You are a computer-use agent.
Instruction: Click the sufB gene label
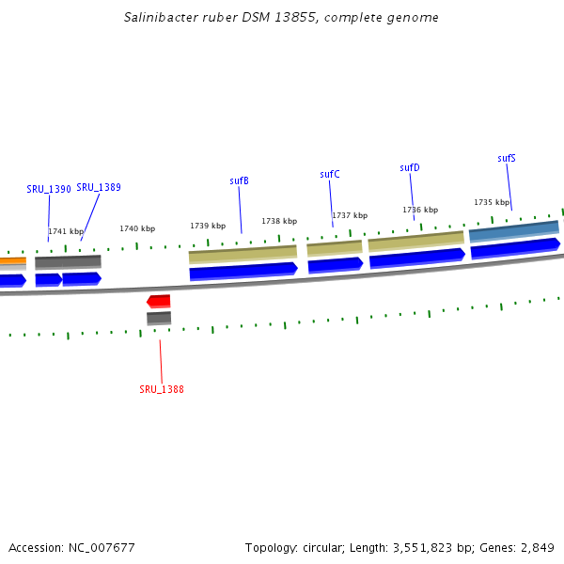239,180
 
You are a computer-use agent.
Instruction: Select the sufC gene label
329,174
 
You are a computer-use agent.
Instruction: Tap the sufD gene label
409,167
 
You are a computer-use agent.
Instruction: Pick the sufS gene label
506,158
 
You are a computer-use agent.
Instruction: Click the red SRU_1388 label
162,389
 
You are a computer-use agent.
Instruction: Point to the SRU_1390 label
49,189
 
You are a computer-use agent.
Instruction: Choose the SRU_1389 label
99,187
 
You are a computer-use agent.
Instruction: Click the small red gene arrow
159,301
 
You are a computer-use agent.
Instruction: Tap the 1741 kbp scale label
66,231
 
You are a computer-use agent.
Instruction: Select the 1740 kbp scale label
137,228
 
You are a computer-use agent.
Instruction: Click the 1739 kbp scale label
208,226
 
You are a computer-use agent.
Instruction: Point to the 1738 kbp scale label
279,221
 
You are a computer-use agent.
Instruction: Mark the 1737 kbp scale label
350,215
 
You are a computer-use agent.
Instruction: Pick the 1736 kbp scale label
420,210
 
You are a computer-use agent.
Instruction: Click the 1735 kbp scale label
492,202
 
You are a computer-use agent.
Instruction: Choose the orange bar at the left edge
12,261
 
